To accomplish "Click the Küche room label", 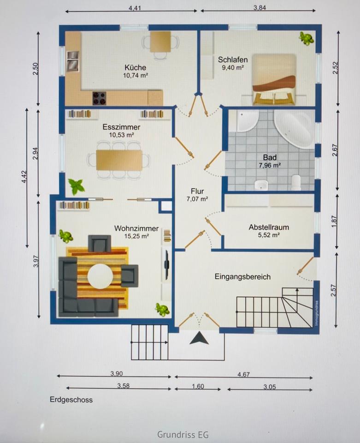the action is pyautogui.click(x=136, y=67).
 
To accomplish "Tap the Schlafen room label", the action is pyautogui.click(x=233, y=60).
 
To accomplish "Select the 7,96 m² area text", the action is pyautogui.click(x=270, y=165).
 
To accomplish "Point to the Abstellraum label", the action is pyautogui.click(x=269, y=227).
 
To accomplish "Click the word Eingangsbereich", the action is pyautogui.click(x=242, y=276).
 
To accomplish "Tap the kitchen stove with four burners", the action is pyautogui.click(x=99, y=98).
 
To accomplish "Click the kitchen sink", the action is pyautogui.click(x=73, y=61).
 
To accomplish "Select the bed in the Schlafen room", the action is pyautogui.click(x=274, y=80).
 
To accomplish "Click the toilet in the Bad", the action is pyautogui.click(x=296, y=183).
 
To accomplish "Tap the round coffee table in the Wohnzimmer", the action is pyautogui.click(x=100, y=276).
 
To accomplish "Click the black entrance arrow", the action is pyautogui.click(x=199, y=338).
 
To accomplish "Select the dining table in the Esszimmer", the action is pyautogui.click(x=119, y=160).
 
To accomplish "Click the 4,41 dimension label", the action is pyautogui.click(x=135, y=8).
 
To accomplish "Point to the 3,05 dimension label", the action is pyautogui.click(x=270, y=387).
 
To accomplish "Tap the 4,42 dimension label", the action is pyautogui.click(x=24, y=177).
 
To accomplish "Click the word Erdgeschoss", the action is pyautogui.click(x=71, y=400).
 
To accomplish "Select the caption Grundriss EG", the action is pyautogui.click(x=183, y=434).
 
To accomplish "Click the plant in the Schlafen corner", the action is pyautogui.click(x=307, y=38).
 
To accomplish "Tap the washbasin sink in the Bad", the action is pyautogui.click(x=261, y=185).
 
